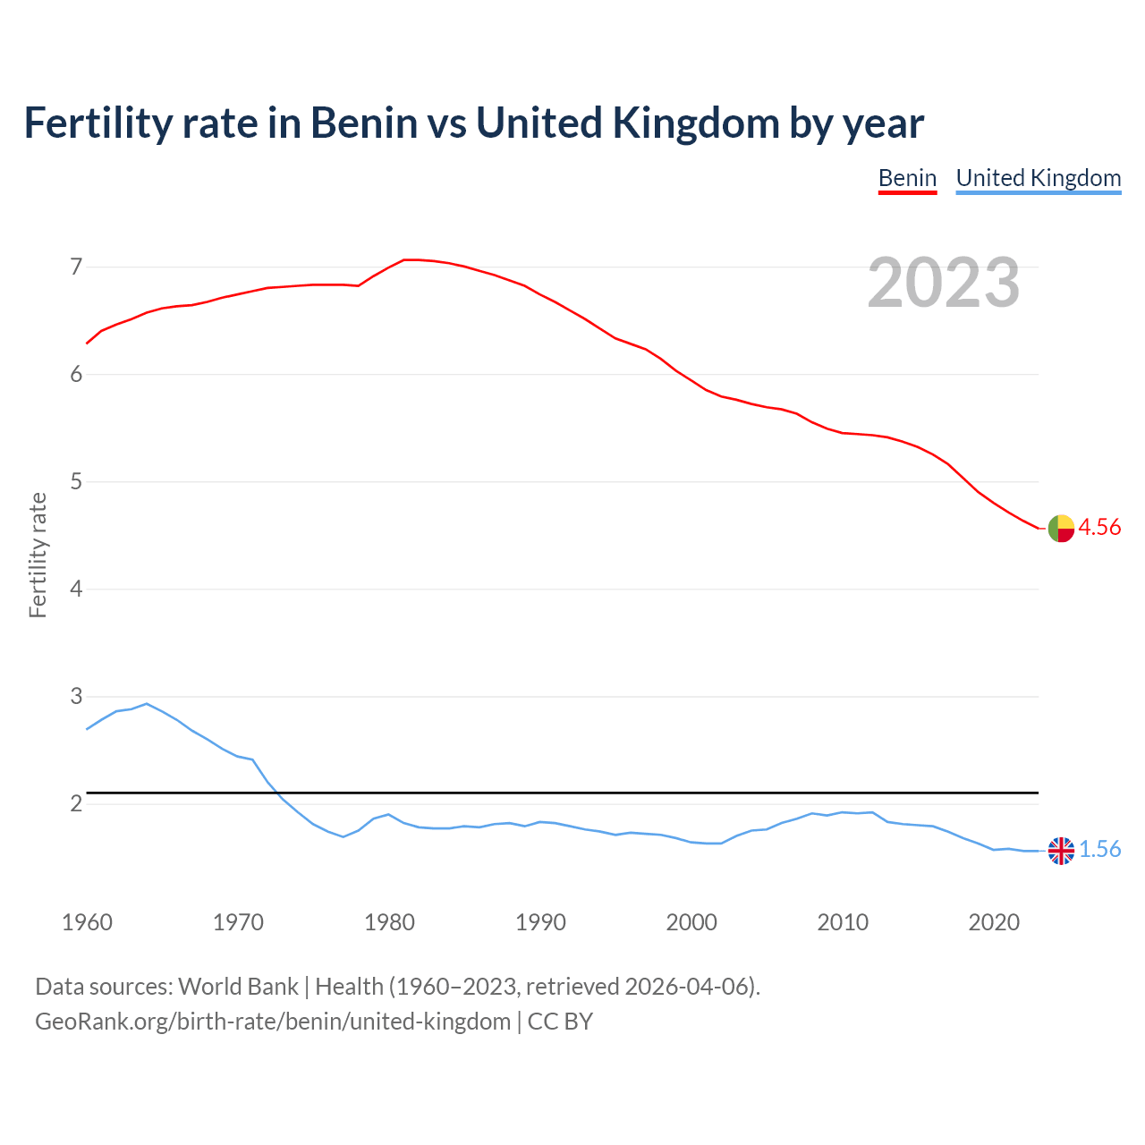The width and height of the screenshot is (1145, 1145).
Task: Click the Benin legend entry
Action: tap(907, 178)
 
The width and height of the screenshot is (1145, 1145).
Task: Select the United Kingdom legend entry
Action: tap(1038, 178)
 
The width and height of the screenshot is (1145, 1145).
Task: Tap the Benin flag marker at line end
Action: tap(1061, 529)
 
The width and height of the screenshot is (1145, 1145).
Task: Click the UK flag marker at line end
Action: tap(1061, 851)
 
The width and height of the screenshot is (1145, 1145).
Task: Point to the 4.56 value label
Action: tap(1099, 528)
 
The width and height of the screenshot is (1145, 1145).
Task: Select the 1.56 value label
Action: tap(1099, 850)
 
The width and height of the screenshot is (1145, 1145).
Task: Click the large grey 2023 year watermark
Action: tap(943, 283)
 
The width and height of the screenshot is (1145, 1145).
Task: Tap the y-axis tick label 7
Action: tap(76, 267)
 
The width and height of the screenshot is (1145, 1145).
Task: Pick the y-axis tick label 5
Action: tap(76, 482)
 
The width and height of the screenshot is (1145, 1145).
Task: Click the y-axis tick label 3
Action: tap(76, 697)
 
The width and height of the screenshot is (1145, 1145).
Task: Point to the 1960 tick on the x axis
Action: tap(87, 922)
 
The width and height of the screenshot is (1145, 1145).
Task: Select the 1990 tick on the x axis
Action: tap(540, 922)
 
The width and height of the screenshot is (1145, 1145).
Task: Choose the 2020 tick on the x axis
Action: tap(994, 922)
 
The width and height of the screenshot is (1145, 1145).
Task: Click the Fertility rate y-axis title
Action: tap(38, 555)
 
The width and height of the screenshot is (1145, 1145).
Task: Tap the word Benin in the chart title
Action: tap(363, 123)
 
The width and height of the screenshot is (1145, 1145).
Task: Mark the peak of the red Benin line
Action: tap(410, 259)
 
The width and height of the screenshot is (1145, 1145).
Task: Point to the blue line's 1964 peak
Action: tap(147, 704)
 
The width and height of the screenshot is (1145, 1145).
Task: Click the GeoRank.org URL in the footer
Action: tap(273, 1022)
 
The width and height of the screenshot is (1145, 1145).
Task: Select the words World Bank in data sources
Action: tap(238, 987)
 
